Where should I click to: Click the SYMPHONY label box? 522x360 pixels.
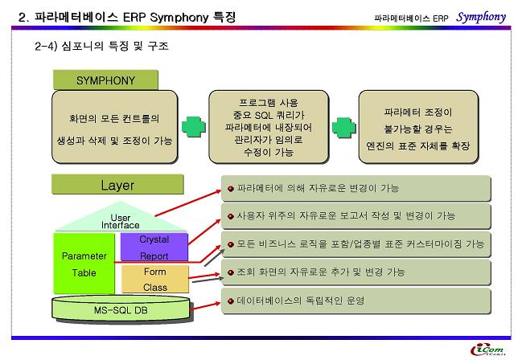click(105, 80)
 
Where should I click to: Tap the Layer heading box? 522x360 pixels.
click(117, 184)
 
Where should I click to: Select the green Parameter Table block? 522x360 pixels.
click(84, 264)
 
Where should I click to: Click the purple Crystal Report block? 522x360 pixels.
click(154, 247)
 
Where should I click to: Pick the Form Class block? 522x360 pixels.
click(155, 279)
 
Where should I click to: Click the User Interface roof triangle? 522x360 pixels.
click(121, 218)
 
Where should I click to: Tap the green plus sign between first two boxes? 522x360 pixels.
click(194, 127)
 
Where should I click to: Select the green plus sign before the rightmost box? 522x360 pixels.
click(344, 128)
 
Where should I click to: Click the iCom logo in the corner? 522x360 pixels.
click(488, 350)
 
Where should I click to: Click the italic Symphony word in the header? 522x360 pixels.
click(481, 17)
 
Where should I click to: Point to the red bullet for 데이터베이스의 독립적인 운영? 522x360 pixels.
click(230, 301)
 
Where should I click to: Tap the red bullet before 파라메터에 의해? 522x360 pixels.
click(230, 189)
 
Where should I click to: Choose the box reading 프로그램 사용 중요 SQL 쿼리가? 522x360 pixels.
click(269, 127)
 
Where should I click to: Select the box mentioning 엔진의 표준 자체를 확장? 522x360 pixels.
click(418, 127)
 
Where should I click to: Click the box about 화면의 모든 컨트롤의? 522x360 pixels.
click(114, 127)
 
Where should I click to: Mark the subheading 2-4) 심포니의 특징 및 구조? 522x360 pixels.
click(101, 46)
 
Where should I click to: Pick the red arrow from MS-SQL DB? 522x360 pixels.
click(205, 306)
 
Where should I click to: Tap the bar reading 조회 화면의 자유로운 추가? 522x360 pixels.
click(356, 272)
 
